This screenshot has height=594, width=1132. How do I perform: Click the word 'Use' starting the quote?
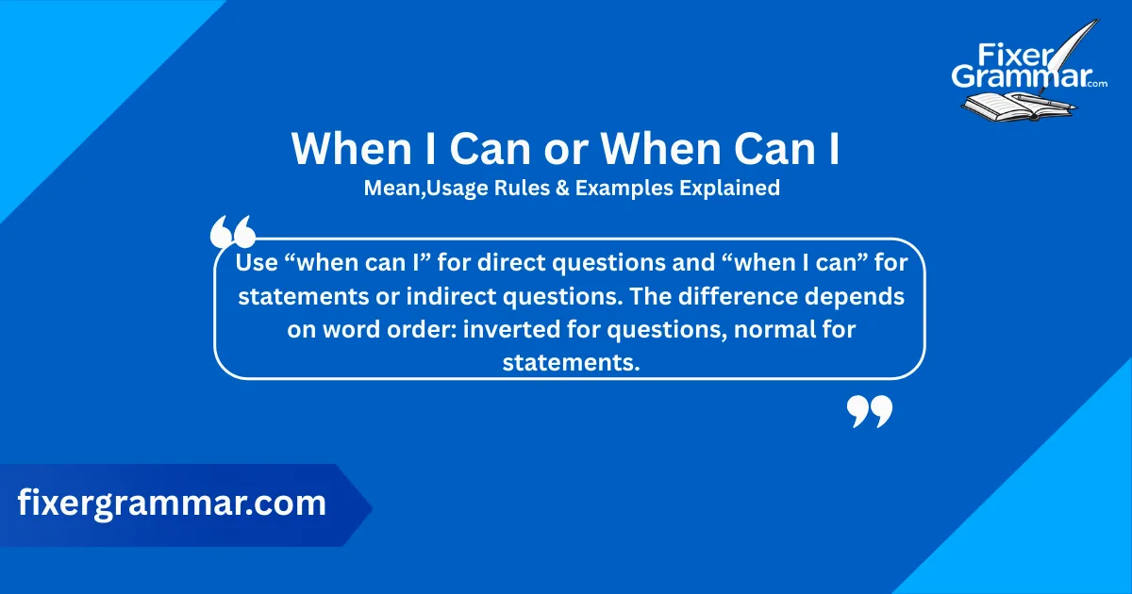click(x=256, y=263)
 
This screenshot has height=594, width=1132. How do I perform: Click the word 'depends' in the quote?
click(x=857, y=296)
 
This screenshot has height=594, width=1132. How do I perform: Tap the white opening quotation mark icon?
click(x=232, y=231)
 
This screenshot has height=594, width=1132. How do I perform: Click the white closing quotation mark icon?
click(x=869, y=411)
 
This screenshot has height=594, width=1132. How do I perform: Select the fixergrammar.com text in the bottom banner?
click(x=172, y=503)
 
